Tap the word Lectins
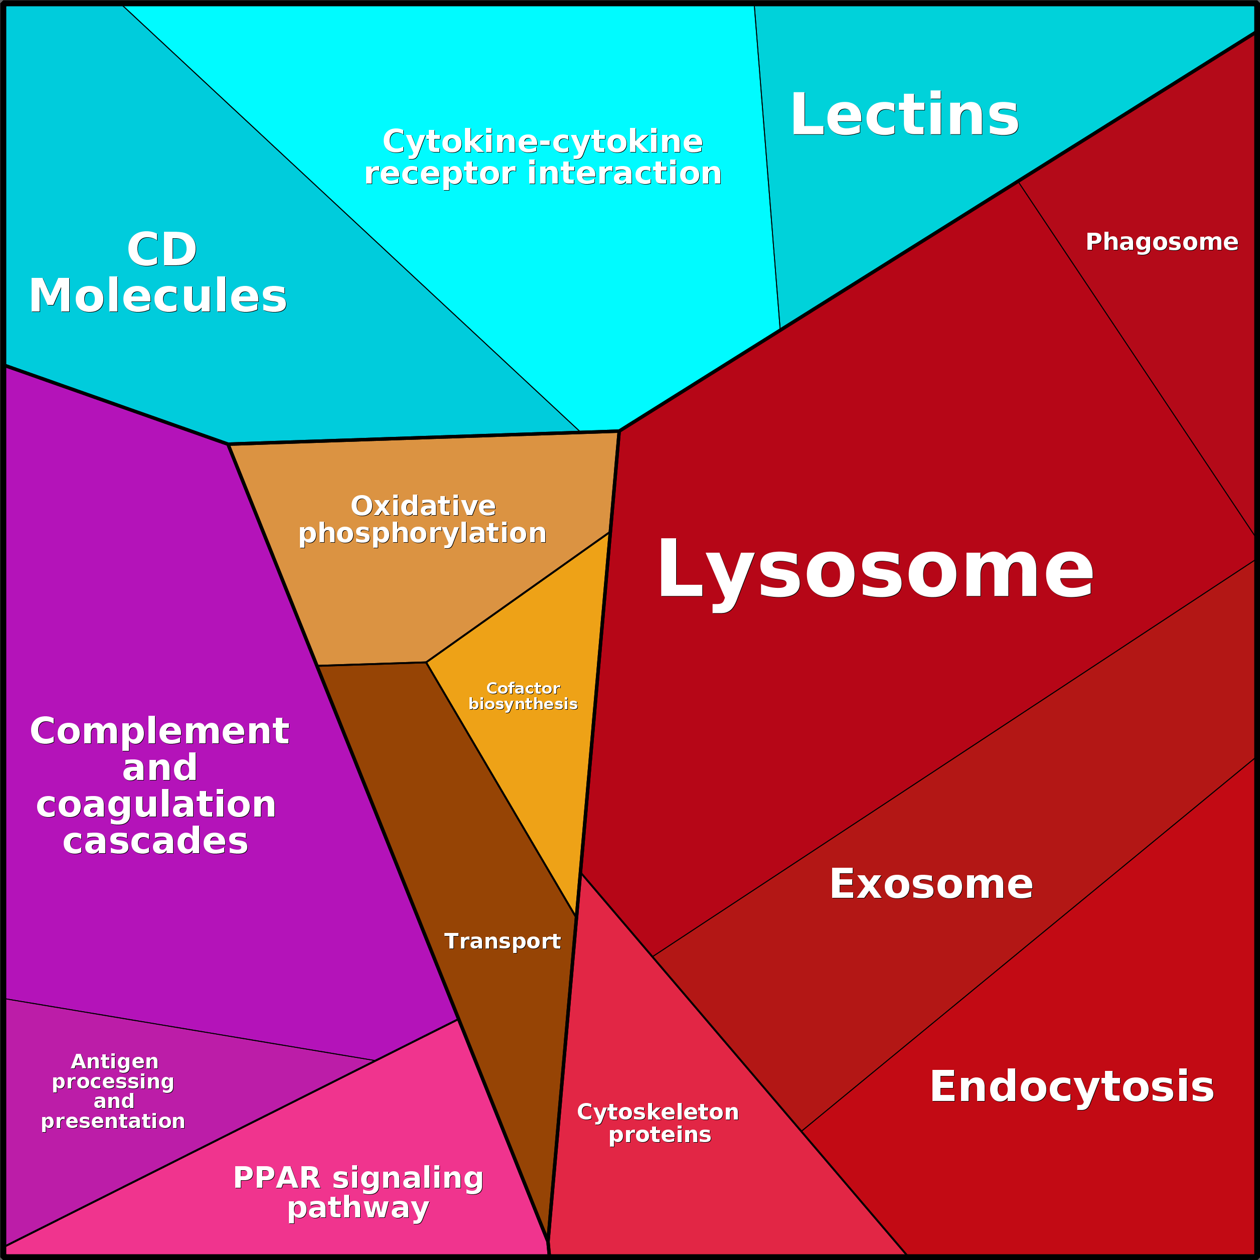pos(904,115)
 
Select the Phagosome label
pos(1162,242)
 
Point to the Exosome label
pos(930,884)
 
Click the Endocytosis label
pos(1071,1086)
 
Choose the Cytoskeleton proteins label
pos(658,1123)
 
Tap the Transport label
pos(502,941)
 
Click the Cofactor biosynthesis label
pos(523,696)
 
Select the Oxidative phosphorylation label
pos(423,519)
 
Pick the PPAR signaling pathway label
pos(358,1192)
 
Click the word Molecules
pos(158,295)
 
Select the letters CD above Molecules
pos(162,249)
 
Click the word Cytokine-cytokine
pos(543,141)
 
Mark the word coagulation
pos(156,804)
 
